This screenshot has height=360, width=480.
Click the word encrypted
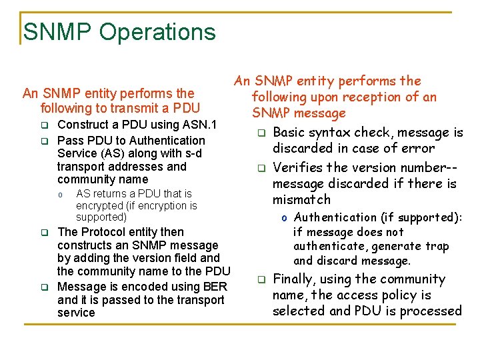(99, 205)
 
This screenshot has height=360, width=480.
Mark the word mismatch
(301, 199)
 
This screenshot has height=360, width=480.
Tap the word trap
(437, 246)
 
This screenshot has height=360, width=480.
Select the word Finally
(296, 279)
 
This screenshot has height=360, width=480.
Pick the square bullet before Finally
(262, 279)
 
